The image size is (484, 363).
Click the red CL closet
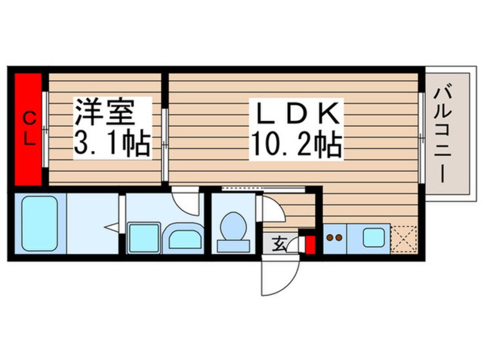(x=29, y=129)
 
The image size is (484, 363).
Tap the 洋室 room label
(x=104, y=112)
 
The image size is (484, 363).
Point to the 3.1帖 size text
(x=112, y=144)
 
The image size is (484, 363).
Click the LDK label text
(x=296, y=114)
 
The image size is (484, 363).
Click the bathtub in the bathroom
(x=39, y=224)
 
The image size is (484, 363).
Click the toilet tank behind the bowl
(x=233, y=246)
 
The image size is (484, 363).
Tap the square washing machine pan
(x=144, y=238)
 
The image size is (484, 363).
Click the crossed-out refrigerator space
(x=403, y=240)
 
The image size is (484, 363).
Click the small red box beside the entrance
(x=310, y=244)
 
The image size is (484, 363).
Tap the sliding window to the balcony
(x=421, y=137)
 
